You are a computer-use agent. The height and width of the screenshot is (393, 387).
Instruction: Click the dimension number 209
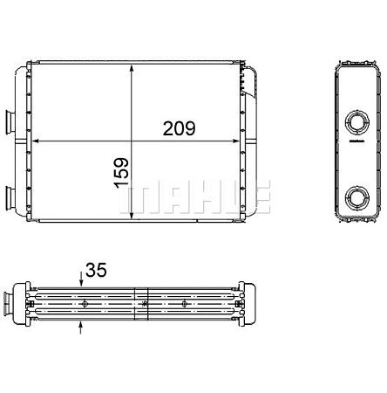click(x=179, y=128)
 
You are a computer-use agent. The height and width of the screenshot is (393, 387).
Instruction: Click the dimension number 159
click(x=121, y=173)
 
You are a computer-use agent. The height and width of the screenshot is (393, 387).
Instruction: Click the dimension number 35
click(x=97, y=270)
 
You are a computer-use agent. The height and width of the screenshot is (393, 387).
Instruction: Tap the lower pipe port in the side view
click(x=356, y=197)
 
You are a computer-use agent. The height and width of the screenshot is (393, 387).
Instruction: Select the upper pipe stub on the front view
click(x=10, y=122)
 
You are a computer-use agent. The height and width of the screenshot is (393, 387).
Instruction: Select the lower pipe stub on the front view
click(x=10, y=197)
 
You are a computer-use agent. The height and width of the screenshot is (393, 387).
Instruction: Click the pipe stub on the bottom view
click(x=8, y=303)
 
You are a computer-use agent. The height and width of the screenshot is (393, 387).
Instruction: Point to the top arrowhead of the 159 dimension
click(x=132, y=68)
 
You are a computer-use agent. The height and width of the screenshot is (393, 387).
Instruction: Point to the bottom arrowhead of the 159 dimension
click(x=132, y=216)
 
